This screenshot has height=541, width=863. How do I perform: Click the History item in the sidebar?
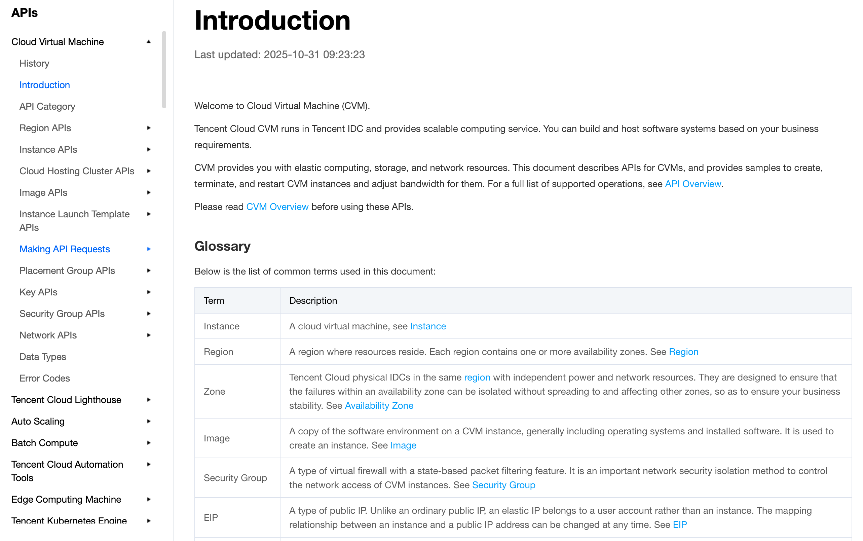34,63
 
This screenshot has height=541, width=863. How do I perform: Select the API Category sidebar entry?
47,106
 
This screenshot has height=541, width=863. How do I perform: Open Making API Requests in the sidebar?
64,249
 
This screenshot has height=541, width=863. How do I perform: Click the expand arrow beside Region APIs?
149,128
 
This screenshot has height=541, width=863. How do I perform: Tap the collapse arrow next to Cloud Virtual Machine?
149,42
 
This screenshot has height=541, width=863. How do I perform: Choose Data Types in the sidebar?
43,357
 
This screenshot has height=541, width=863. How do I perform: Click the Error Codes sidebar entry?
45,378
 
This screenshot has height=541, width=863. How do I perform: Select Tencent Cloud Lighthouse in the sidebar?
66,400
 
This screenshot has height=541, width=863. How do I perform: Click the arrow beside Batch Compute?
149,443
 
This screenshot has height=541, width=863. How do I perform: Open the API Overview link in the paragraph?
692,184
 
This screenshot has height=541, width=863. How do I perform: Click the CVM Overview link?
277,207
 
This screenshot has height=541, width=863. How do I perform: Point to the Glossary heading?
222,246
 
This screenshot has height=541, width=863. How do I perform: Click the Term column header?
214,300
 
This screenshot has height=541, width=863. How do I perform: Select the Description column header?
313,300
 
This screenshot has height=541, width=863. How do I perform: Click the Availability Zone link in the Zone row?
379,405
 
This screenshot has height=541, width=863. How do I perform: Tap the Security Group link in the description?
503,485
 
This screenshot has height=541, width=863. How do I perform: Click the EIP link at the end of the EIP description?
679,525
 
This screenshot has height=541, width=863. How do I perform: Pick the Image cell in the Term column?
217,438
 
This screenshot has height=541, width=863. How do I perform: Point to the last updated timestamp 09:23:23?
344,55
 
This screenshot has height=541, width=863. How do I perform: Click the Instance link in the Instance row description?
428,326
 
